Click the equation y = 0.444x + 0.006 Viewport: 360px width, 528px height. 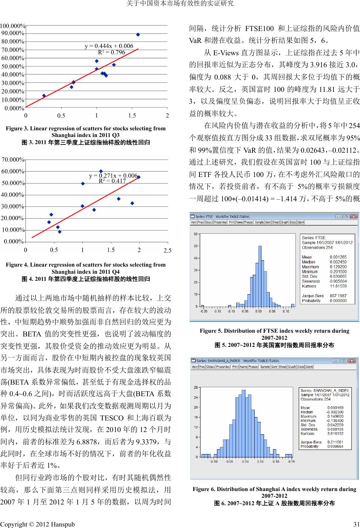click(109, 46)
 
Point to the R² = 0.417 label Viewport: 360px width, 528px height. click(112, 181)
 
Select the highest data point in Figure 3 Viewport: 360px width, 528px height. click(138, 34)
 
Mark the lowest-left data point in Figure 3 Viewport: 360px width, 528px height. click(44, 96)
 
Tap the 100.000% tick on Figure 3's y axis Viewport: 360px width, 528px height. click(13, 26)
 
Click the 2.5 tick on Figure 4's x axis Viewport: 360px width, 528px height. click(167, 251)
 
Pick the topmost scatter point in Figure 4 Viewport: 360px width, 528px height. click(101, 171)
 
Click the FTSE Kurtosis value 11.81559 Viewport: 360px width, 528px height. click(338, 286)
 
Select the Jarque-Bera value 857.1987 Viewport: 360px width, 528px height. click(338, 296)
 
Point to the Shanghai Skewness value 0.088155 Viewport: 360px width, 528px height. click(335, 429)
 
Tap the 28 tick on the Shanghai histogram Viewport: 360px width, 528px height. click(196, 388)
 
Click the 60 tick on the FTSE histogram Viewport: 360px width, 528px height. click(195, 234)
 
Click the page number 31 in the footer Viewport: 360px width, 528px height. click(356, 524)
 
